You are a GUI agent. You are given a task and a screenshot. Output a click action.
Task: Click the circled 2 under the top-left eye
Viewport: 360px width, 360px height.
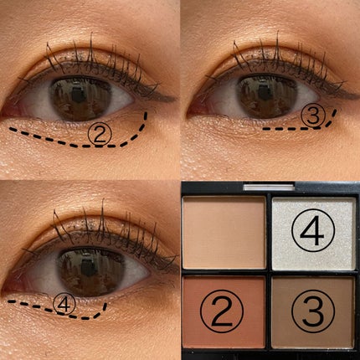100,134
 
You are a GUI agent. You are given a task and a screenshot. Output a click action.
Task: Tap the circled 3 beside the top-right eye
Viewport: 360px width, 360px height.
314,117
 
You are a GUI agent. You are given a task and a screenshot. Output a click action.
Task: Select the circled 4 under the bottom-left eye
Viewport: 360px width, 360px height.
64,304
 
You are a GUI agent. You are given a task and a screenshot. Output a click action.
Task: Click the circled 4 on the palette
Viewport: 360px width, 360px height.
313,233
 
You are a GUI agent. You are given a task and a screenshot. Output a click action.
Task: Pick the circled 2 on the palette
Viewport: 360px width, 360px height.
222,312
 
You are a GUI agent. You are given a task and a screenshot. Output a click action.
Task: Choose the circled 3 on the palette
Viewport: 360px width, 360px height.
313,312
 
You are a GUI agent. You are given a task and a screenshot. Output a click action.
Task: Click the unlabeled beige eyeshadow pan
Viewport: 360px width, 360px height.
224,232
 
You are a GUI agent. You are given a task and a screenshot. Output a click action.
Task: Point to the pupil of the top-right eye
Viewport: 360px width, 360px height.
265,94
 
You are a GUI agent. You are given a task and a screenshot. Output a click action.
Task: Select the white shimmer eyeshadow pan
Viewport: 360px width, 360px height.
314,234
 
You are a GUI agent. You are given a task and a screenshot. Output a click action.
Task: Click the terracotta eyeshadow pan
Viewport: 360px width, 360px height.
224,311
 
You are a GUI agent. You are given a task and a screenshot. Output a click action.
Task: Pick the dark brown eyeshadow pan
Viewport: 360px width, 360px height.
313,312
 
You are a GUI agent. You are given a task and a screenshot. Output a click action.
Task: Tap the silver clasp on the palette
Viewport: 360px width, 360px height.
269,187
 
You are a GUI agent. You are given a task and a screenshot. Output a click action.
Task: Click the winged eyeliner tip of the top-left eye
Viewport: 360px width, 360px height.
173,99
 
